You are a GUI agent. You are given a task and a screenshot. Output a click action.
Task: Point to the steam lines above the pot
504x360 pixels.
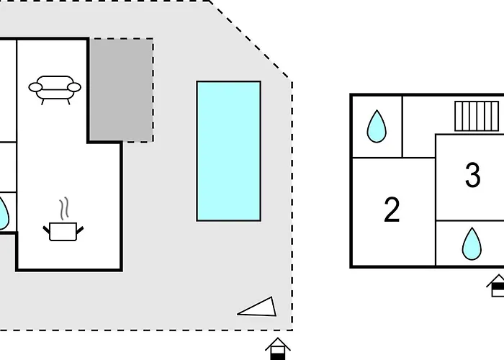(65, 208)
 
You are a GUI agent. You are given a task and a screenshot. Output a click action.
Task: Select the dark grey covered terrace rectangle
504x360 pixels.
(120, 89)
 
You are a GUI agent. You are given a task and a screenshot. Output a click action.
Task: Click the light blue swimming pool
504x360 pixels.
(228, 150)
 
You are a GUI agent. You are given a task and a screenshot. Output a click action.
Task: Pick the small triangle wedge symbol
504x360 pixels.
(260, 307)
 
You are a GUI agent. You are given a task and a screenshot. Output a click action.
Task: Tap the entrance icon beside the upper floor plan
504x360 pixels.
(497, 286)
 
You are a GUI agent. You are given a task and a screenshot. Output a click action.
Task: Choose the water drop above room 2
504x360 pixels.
(376, 126)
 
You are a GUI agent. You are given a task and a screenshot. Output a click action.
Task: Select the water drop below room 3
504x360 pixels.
(471, 243)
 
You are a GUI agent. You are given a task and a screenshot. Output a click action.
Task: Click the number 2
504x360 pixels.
(392, 210)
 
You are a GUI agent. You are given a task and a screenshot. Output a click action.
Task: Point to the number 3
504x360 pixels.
(472, 175)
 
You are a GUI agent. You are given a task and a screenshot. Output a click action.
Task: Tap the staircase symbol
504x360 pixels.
(477, 115)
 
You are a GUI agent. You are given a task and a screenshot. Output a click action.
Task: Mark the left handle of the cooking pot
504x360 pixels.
(47, 229)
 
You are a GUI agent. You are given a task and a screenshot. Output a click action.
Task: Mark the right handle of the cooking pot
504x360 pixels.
(81, 229)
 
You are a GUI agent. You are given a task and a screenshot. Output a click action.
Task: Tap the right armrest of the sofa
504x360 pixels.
(75, 87)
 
